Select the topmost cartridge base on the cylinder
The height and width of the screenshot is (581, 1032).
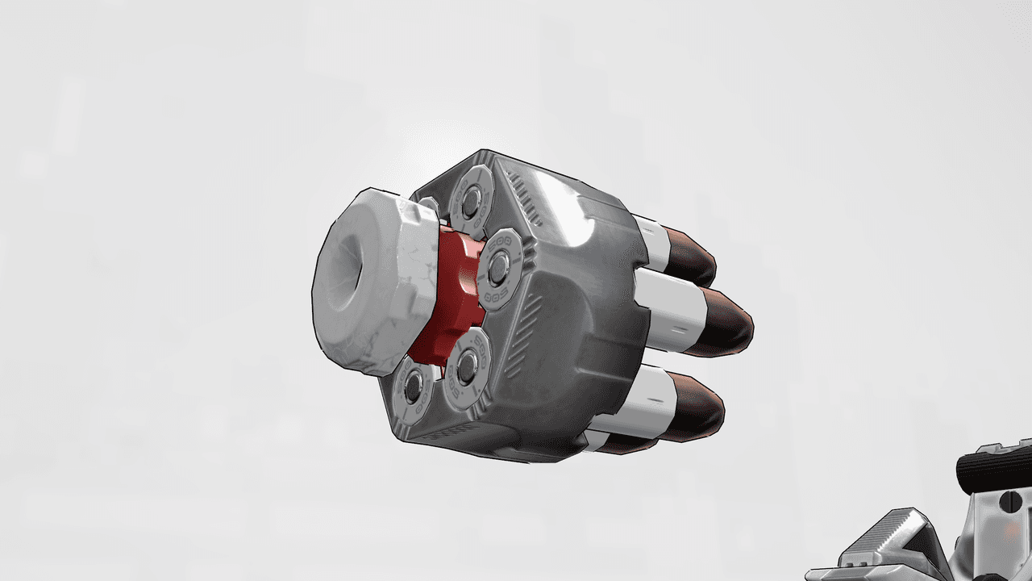pos(472,196)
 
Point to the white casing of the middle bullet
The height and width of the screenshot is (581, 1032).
pos(669,307)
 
